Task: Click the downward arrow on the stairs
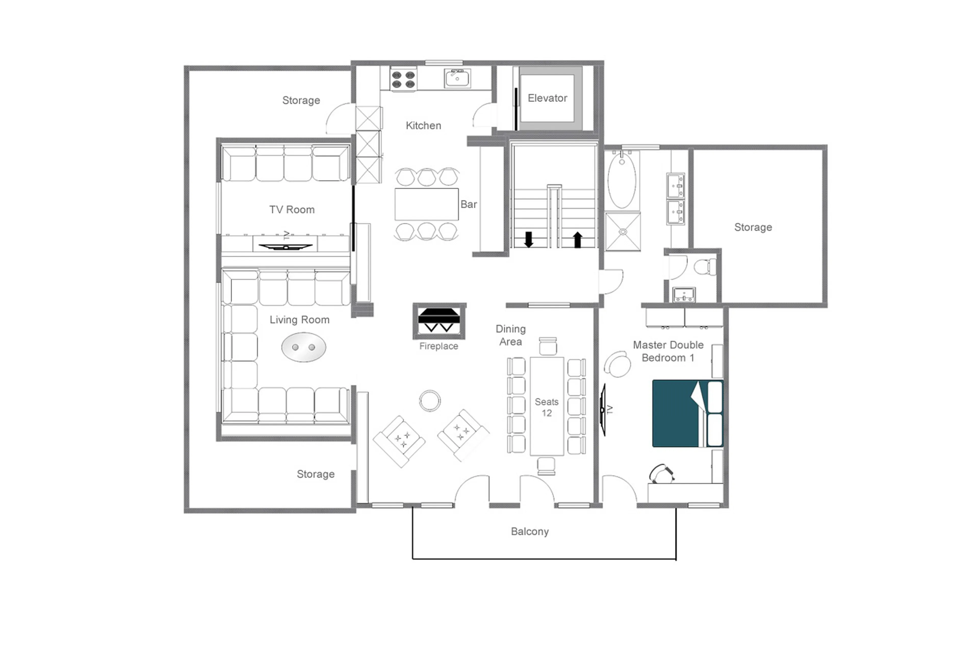coord(528,239)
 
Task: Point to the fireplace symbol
coord(439,321)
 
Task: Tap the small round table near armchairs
coord(429,401)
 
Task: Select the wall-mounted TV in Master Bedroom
coord(603,410)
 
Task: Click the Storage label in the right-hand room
coord(753,227)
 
